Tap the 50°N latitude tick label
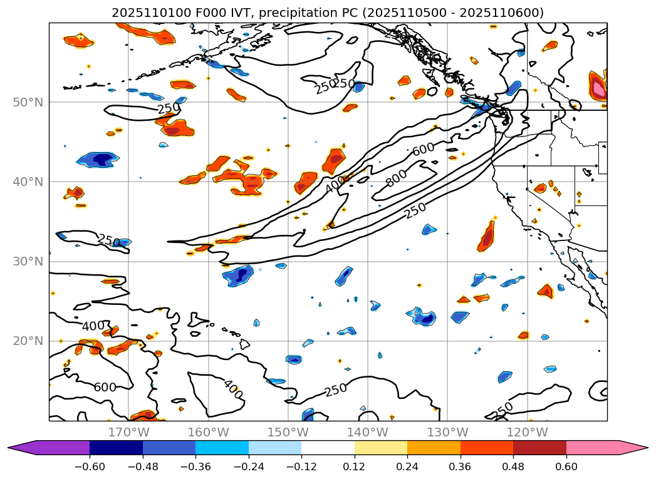point(28,102)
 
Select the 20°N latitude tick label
point(28,341)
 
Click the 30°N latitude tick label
point(28,262)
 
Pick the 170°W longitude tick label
point(128,432)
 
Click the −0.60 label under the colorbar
point(90,466)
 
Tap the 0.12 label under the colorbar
point(355,466)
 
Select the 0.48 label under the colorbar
point(513,466)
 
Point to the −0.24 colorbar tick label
point(249,466)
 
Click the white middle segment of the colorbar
point(328,448)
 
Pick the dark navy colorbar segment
point(116,448)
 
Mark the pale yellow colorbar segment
point(381,448)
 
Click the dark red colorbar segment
point(539,448)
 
